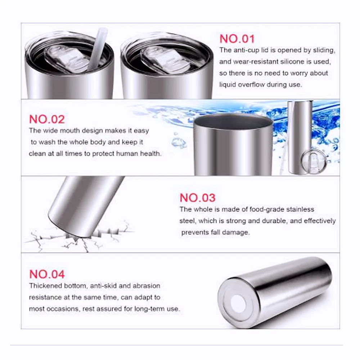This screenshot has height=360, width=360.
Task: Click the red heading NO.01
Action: click(237, 39)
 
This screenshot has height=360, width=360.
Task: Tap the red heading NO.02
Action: click(47, 119)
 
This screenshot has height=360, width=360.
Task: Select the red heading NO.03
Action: click(197, 198)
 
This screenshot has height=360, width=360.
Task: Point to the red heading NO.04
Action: click(47, 274)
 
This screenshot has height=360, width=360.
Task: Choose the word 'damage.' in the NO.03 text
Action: click(236, 232)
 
